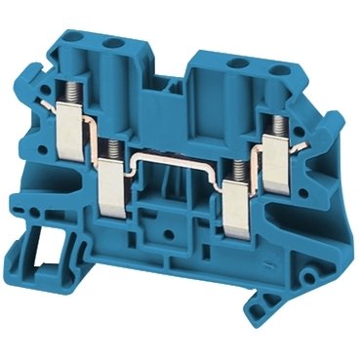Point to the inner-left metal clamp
(x=114, y=180)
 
